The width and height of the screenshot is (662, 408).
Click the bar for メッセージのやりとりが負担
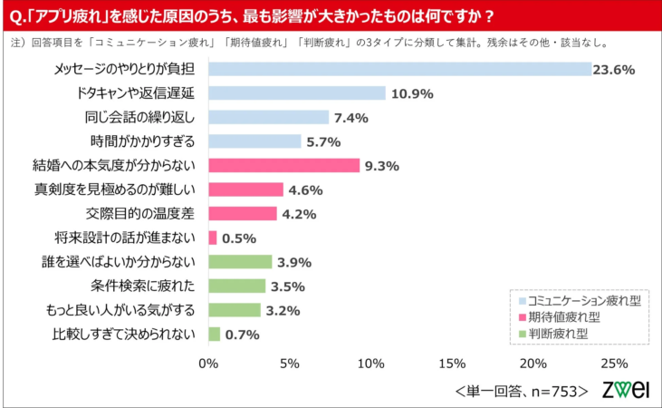coord(398,69)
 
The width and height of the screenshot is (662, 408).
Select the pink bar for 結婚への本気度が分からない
coord(283,165)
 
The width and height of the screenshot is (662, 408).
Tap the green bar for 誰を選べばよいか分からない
coord(240,262)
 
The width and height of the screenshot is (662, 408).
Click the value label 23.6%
coord(613,69)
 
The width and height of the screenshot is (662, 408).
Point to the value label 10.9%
coord(412,93)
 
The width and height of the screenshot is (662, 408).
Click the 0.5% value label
coord(239,238)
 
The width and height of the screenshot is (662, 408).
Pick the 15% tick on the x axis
coord(451,364)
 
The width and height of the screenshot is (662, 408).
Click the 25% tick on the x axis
coord(613,364)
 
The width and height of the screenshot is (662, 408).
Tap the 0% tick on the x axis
coord(208,364)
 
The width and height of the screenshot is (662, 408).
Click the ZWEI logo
coord(626,389)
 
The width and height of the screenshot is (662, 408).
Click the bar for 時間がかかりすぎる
coord(254,141)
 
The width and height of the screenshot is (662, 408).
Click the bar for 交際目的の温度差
coord(242,214)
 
